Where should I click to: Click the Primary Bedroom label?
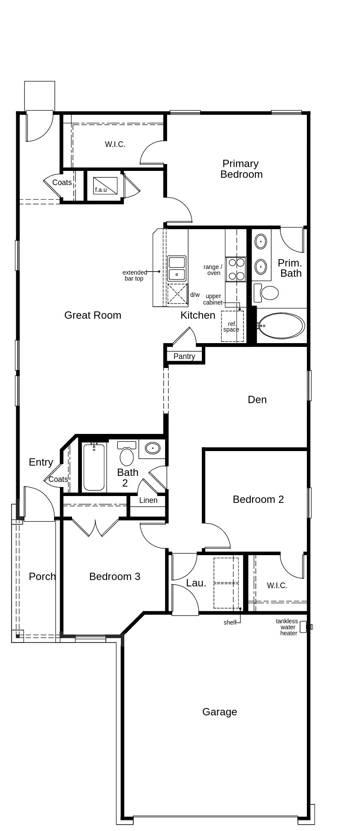point(241,169)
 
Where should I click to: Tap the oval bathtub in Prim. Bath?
point(282,326)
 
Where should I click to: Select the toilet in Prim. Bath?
point(267,293)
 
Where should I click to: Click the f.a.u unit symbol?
point(105,185)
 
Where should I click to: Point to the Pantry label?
point(184,356)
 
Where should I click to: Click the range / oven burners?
point(236,269)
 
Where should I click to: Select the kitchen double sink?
point(177,268)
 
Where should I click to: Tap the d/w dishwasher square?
point(177,294)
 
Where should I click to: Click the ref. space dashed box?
point(232,326)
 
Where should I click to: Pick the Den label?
point(257,400)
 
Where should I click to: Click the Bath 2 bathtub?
point(94,467)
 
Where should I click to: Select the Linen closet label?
point(148,500)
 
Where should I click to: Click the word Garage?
point(219,712)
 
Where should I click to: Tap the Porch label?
point(42,577)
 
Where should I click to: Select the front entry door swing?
point(39,505)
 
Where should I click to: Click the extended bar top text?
point(134,275)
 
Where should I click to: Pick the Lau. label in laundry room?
point(196,583)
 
